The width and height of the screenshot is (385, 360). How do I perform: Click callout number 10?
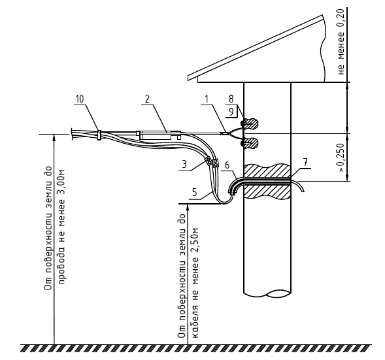click(x=79, y=99)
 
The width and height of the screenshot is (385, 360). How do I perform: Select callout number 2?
click(x=147, y=99)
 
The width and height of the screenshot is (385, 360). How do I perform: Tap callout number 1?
click(x=207, y=99)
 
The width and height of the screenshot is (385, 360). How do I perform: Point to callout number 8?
click(x=231, y=99)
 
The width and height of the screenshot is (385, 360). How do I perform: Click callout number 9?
click(x=231, y=112)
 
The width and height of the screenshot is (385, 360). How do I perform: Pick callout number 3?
click(x=184, y=164)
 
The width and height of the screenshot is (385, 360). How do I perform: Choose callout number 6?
click(x=227, y=165)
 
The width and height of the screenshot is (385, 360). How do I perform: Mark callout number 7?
click(x=305, y=163)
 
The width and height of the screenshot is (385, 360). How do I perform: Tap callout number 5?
click(x=195, y=192)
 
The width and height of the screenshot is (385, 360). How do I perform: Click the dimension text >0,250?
click(x=341, y=157)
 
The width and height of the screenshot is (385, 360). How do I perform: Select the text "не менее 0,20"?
click(x=341, y=42)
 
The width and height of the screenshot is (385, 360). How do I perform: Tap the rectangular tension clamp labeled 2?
click(x=160, y=135)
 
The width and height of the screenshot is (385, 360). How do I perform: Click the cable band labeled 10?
click(x=99, y=135)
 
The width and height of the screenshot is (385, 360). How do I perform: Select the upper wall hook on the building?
click(x=250, y=123)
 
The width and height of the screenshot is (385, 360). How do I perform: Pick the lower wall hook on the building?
click(x=250, y=143)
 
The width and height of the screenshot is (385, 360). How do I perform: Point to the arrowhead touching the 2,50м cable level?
click(x=188, y=207)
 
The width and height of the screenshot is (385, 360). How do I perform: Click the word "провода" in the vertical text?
click(x=62, y=267)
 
